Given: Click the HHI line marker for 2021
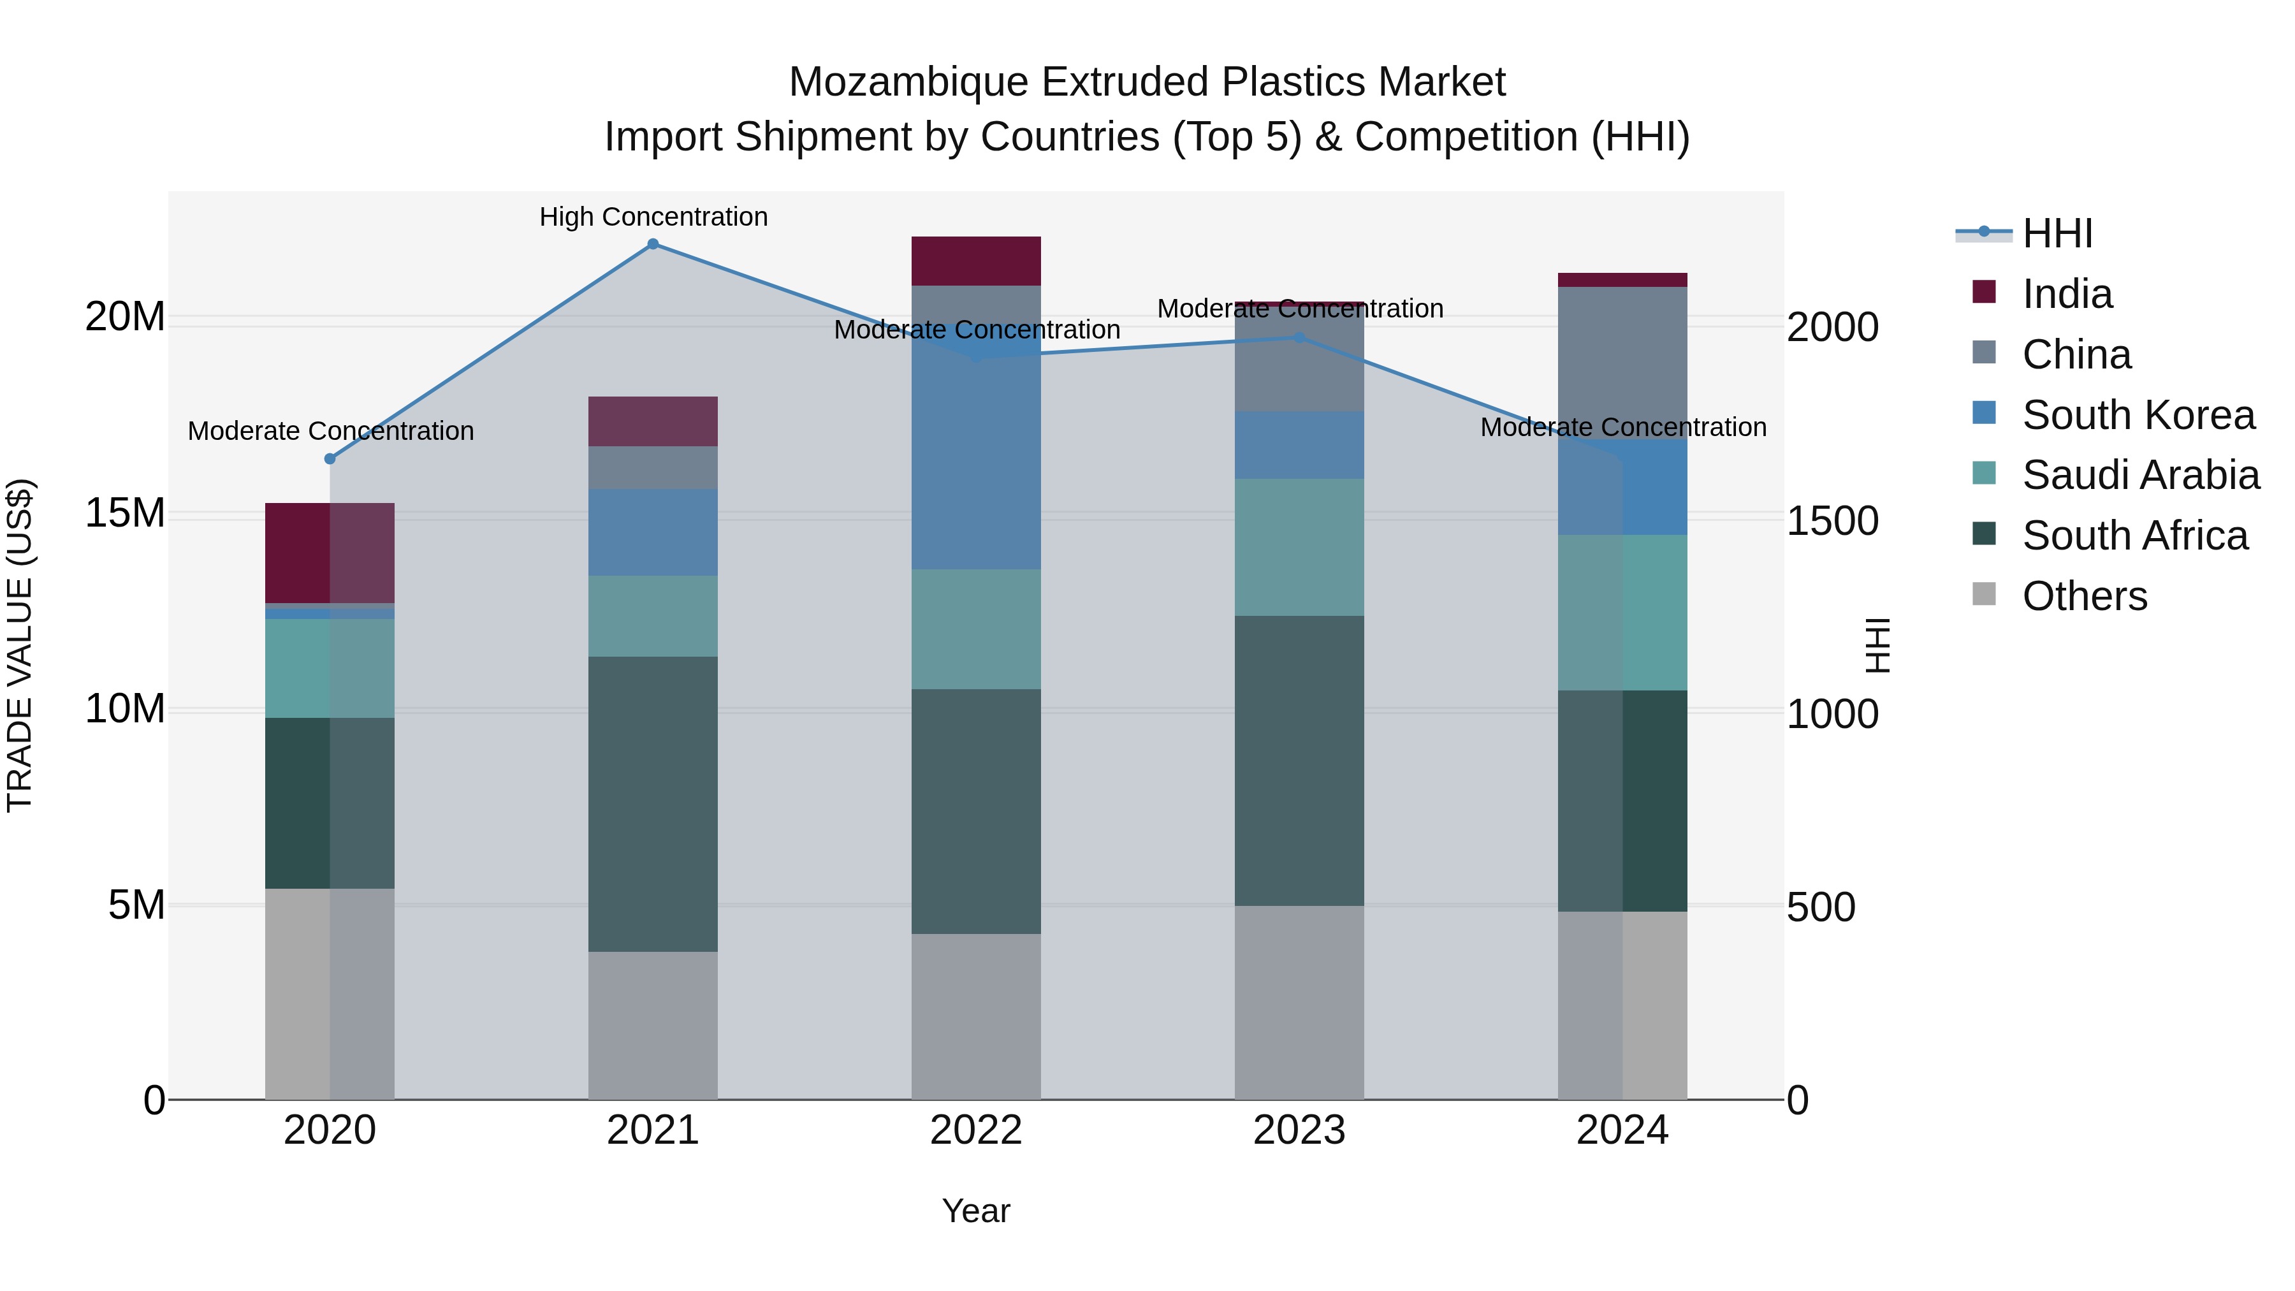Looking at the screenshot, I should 653,244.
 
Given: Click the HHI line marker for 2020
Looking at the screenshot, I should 330,459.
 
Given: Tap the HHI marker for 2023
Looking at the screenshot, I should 1299,338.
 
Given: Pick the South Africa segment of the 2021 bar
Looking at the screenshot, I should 653,804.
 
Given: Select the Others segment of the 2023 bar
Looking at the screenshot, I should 1299,1002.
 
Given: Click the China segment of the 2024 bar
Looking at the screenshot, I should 1622,363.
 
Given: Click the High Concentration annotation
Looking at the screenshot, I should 653,217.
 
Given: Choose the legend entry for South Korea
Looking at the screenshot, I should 2138,415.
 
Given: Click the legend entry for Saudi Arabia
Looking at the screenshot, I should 2140,475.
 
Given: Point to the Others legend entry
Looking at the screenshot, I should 2084,596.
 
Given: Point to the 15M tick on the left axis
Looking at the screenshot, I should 125,513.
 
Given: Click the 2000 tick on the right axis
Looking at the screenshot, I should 1833,327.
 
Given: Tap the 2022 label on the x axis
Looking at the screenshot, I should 975,1130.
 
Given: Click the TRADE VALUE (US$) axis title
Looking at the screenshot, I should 20,645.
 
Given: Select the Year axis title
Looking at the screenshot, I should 975,1211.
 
